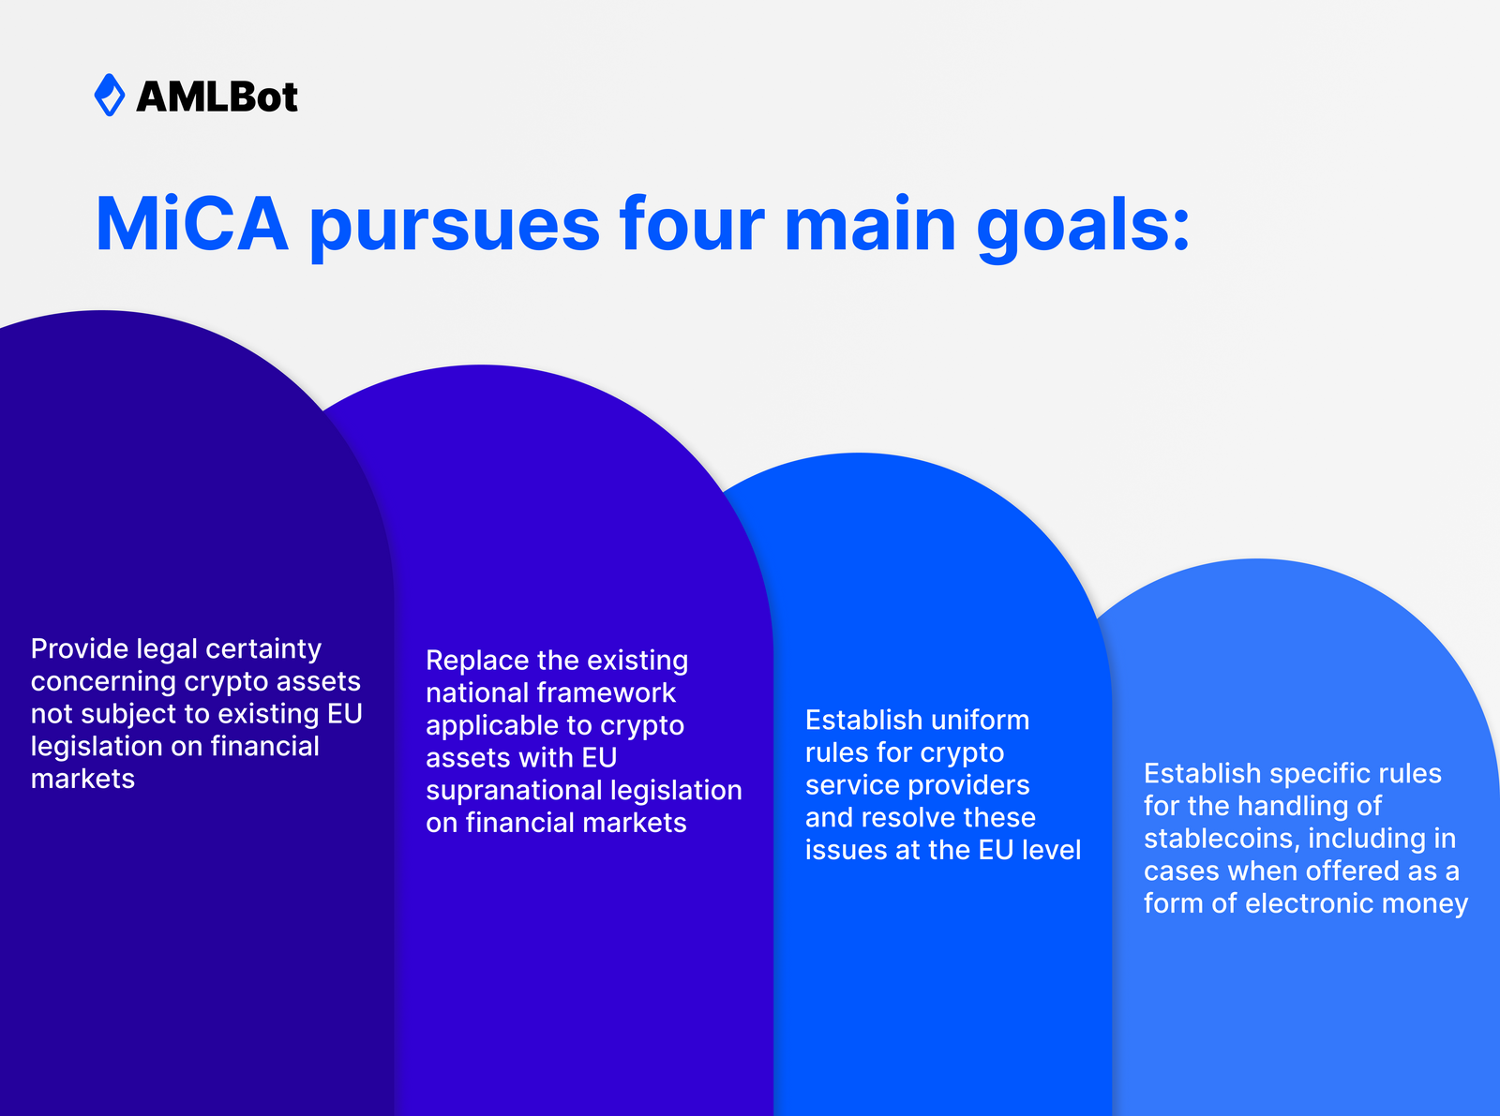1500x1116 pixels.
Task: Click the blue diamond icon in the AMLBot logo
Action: coord(110,95)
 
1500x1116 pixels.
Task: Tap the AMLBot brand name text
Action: coord(217,97)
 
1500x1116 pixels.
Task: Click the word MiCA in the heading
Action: coord(192,225)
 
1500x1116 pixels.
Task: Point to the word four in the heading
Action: coord(692,225)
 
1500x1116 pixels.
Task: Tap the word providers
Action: coord(969,785)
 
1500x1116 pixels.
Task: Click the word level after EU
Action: coord(1050,850)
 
